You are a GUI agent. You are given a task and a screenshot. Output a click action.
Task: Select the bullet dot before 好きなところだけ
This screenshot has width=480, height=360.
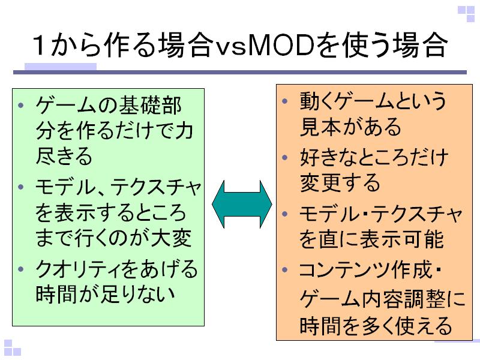point(286,158)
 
